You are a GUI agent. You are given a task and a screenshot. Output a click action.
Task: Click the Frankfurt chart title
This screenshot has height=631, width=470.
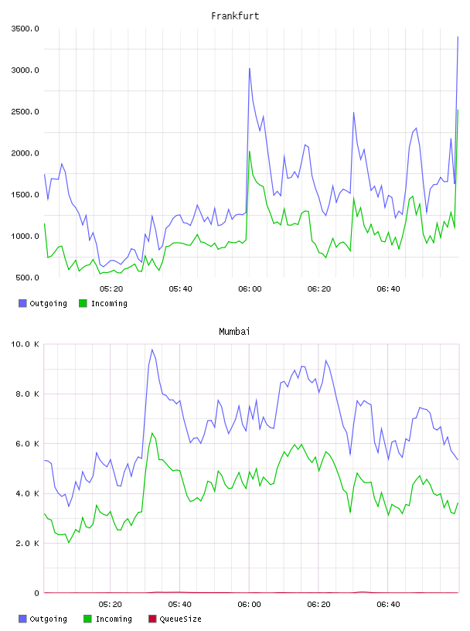(235, 16)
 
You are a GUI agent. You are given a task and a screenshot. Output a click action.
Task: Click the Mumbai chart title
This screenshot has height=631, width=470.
(234, 332)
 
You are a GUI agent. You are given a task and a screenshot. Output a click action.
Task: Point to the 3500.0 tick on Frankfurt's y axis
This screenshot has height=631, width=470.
(25, 29)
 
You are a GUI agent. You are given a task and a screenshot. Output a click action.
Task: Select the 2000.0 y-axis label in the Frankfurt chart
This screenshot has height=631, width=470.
(25, 153)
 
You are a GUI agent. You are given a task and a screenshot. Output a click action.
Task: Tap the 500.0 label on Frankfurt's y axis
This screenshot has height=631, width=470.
(27, 278)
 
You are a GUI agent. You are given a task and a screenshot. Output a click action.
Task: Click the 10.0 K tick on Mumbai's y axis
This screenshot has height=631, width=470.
(25, 344)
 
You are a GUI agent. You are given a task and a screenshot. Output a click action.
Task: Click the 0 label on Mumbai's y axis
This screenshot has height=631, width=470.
(36, 593)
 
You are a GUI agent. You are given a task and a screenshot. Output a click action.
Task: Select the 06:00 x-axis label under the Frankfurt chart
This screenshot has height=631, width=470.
(250, 289)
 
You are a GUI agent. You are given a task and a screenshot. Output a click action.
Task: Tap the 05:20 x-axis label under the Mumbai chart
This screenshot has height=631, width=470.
(111, 605)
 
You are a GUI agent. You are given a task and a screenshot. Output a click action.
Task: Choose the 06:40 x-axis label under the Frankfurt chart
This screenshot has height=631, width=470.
(388, 289)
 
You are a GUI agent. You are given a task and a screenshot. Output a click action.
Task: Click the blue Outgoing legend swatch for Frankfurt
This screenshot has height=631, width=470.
(22, 303)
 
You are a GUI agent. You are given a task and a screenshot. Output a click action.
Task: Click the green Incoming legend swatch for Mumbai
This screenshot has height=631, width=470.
(87, 619)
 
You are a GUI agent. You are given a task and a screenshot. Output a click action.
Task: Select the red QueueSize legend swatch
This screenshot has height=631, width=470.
(152, 619)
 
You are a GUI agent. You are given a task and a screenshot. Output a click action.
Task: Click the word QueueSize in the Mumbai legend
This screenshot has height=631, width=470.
(181, 619)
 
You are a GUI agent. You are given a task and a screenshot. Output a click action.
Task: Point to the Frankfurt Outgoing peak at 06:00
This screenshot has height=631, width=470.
(250, 68)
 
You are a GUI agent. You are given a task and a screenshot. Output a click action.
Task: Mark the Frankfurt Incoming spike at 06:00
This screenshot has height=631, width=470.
(250, 152)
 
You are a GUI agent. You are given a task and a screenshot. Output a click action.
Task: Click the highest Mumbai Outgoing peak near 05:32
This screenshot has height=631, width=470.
(152, 350)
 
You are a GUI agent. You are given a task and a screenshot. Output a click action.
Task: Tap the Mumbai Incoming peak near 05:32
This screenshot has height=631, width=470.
(152, 433)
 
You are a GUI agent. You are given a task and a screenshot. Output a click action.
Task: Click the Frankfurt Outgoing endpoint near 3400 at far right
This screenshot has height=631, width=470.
(458, 37)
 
